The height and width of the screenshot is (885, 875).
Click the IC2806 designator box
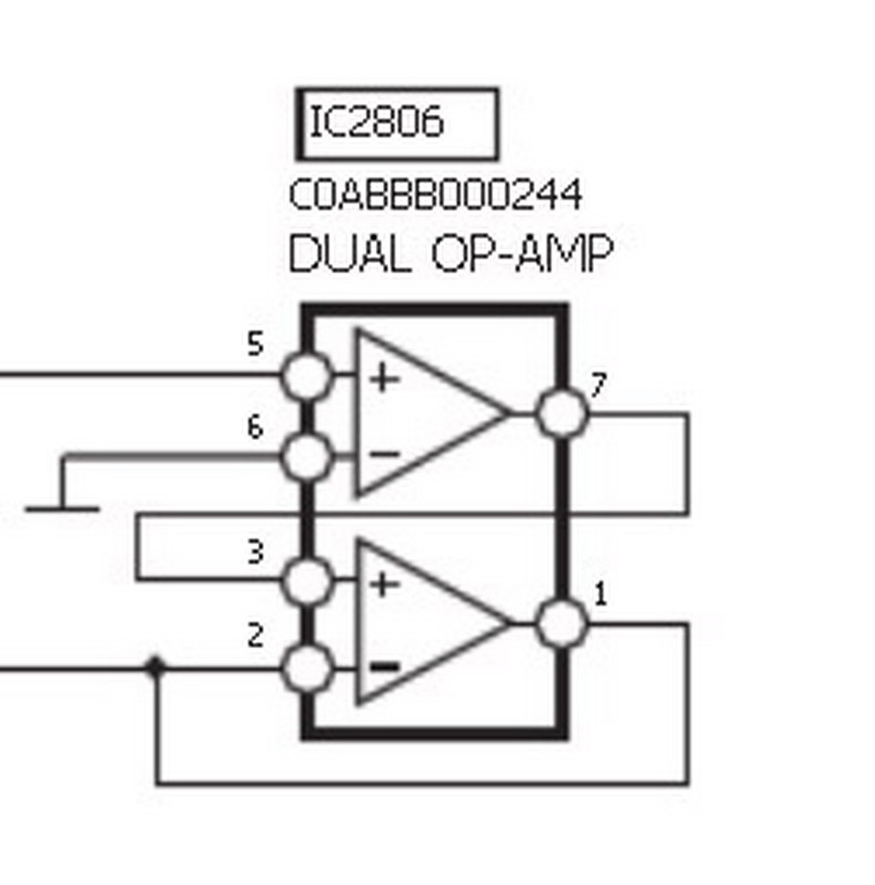point(397,124)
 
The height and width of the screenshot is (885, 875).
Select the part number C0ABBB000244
point(435,195)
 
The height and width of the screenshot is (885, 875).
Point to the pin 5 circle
point(307,375)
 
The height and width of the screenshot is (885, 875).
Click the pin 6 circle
point(307,455)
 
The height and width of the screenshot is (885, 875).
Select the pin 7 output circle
point(561,413)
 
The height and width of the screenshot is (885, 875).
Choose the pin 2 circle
point(307,668)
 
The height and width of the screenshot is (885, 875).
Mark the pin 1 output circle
point(561,623)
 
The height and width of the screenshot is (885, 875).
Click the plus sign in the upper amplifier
point(384,379)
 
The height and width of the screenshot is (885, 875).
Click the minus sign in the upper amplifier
point(384,454)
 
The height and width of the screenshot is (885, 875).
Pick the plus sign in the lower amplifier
point(384,585)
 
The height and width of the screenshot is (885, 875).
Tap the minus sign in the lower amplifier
point(385,666)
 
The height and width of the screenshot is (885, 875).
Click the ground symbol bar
point(62,509)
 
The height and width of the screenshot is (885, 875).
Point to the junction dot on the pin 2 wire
point(156,667)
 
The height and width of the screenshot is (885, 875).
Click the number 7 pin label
point(597,386)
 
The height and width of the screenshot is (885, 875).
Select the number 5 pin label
point(254,345)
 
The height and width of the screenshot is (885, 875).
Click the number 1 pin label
point(600,595)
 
